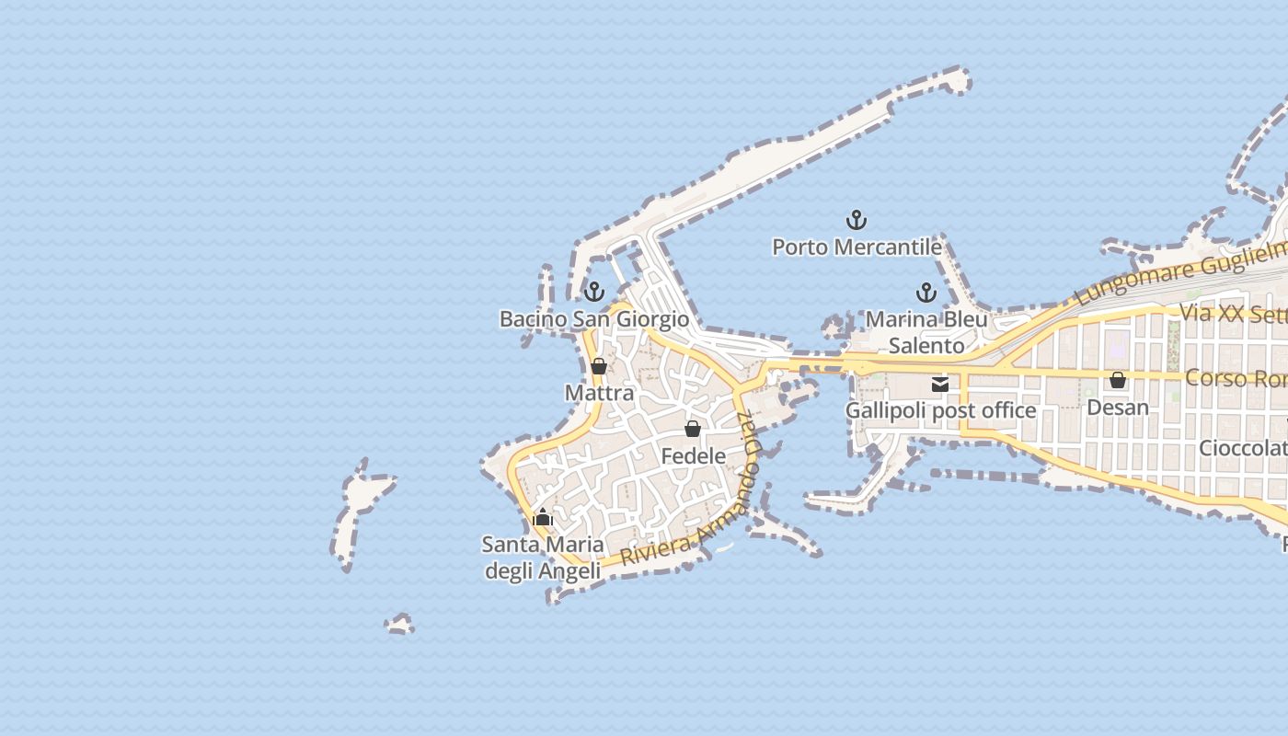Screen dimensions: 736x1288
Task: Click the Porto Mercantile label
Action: (857, 247)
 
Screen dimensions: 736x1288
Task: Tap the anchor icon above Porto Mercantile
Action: (857, 220)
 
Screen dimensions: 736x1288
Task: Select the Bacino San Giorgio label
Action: (593, 319)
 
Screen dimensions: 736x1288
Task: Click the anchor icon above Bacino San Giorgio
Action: (594, 292)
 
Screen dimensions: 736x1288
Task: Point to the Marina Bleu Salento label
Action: (926, 332)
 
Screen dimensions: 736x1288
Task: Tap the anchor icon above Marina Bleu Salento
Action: (926, 293)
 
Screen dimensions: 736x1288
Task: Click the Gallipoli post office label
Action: (940, 410)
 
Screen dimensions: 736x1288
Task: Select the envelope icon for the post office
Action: (940, 385)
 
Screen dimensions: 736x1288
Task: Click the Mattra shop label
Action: (599, 393)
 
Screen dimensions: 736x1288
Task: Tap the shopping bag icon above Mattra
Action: (599, 366)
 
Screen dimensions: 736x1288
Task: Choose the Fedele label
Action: (693, 455)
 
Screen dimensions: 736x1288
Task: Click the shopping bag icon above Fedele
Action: (693, 429)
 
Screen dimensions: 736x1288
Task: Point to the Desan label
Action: (1118, 407)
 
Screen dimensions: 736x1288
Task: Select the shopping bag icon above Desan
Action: (1118, 380)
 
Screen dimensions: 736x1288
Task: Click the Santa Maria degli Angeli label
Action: (542, 558)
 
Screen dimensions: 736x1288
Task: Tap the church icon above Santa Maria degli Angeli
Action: (543, 517)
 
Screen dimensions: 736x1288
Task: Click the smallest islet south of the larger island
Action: (399, 625)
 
